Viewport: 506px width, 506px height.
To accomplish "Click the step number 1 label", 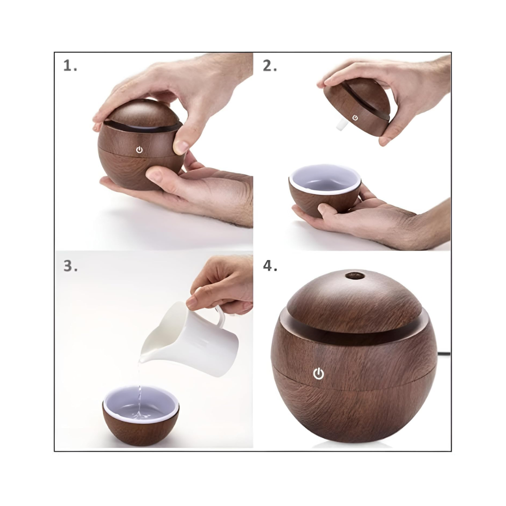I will [70, 66].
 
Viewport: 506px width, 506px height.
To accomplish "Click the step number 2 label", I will [269, 66].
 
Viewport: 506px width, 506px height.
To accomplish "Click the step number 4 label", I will [270, 266].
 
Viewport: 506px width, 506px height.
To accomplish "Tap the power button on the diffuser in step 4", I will [319, 373].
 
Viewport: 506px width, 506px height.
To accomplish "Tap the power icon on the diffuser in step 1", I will [139, 149].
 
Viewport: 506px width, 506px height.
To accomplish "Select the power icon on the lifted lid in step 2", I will [355, 118].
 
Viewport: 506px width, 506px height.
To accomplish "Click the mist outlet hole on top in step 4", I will [355, 275].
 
